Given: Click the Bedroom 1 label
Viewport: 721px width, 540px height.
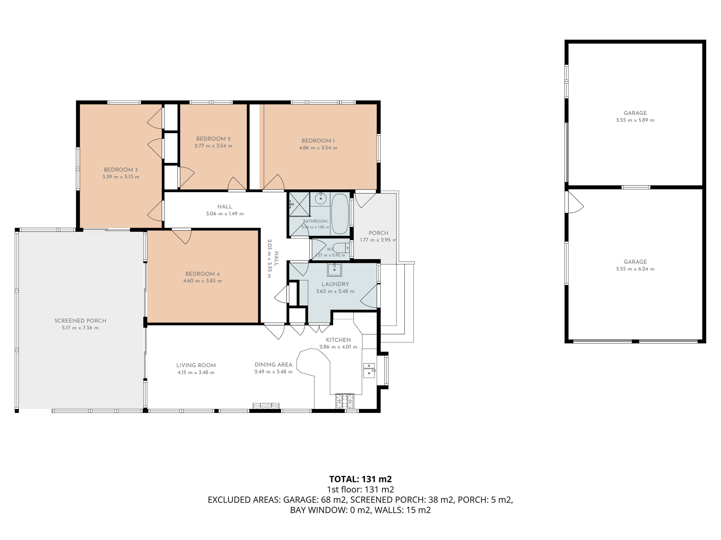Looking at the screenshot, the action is click(x=318, y=141).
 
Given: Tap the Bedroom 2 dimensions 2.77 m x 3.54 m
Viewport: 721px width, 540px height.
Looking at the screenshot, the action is click(x=213, y=146).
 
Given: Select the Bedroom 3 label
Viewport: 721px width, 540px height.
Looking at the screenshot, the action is click(x=121, y=170).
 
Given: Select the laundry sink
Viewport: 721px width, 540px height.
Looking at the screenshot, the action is click(x=334, y=269).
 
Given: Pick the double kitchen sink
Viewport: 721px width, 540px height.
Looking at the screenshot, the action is click(x=369, y=370).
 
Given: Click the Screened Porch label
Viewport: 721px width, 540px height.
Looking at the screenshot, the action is click(x=80, y=321).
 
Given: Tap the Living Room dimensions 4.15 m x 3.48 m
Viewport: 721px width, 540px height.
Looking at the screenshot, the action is click(x=196, y=372).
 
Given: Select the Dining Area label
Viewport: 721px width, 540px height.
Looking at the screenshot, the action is click(x=273, y=364).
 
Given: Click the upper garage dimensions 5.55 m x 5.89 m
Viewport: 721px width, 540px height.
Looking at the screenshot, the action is click(x=635, y=120).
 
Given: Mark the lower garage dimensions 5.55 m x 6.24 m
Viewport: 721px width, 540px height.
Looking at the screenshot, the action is click(x=635, y=269).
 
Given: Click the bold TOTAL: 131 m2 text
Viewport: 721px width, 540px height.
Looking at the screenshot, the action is click(x=360, y=479).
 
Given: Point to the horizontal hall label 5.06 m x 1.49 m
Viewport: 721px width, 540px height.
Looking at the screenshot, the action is click(x=225, y=214).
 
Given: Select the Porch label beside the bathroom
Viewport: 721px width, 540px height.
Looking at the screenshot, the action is click(x=378, y=233).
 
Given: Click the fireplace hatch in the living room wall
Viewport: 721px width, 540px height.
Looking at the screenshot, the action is click(x=266, y=406).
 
